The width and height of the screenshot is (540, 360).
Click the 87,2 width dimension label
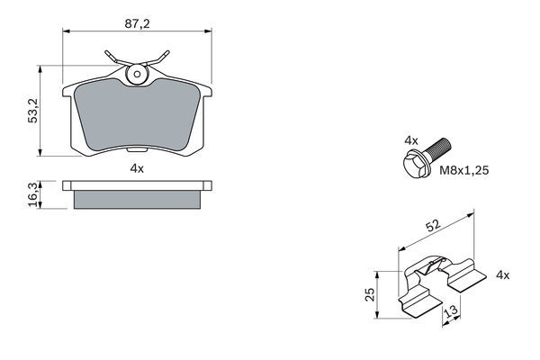coord(137,23)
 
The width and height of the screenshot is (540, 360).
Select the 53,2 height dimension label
coord(33,111)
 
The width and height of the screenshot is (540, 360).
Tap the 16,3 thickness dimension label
coord(33,195)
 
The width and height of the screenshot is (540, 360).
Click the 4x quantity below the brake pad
coord(137,168)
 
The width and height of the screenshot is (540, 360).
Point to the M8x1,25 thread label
coord(463,170)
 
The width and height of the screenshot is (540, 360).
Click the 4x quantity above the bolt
coord(411,140)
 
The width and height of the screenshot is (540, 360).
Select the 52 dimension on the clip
coord(433,226)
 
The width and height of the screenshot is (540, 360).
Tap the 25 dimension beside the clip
coord(370,294)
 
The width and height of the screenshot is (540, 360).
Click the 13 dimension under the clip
coord(451,310)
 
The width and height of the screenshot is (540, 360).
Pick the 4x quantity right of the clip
coord(502,274)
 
